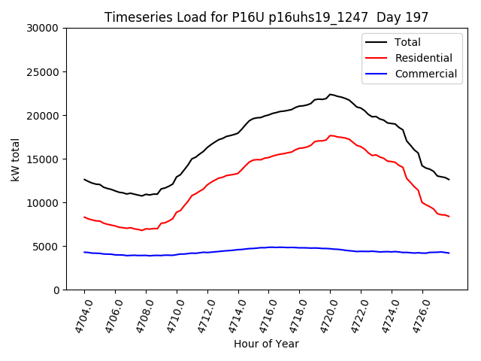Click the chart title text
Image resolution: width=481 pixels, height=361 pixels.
pyautogui.click(x=266, y=17)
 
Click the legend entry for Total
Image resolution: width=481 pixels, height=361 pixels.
pyautogui.click(x=407, y=43)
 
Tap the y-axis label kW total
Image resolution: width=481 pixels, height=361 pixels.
pyautogui.click(x=16, y=159)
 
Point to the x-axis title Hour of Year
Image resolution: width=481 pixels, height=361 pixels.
pyautogui.click(x=266, y=344)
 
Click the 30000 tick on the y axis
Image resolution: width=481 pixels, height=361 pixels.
pyautogui.click(x=43, y=28)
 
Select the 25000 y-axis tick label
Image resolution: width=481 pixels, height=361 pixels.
pyautogui.click(x=43, y=72)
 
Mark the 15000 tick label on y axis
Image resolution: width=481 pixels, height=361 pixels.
pyautogui.click(x=43, y=159)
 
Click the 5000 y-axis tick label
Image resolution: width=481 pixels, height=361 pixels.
pyautogui.click(x=46, y=247)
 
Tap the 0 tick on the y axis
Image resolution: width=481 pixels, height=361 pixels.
pyautogui.click(x=56, y=290)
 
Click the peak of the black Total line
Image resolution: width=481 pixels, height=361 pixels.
pyautogui.click(x=330, y=94)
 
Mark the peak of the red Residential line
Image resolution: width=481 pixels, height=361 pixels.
pyautogui.click(x=331, y=135)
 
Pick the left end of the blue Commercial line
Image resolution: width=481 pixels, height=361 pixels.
pyautogui.click(x=84, y=252)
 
